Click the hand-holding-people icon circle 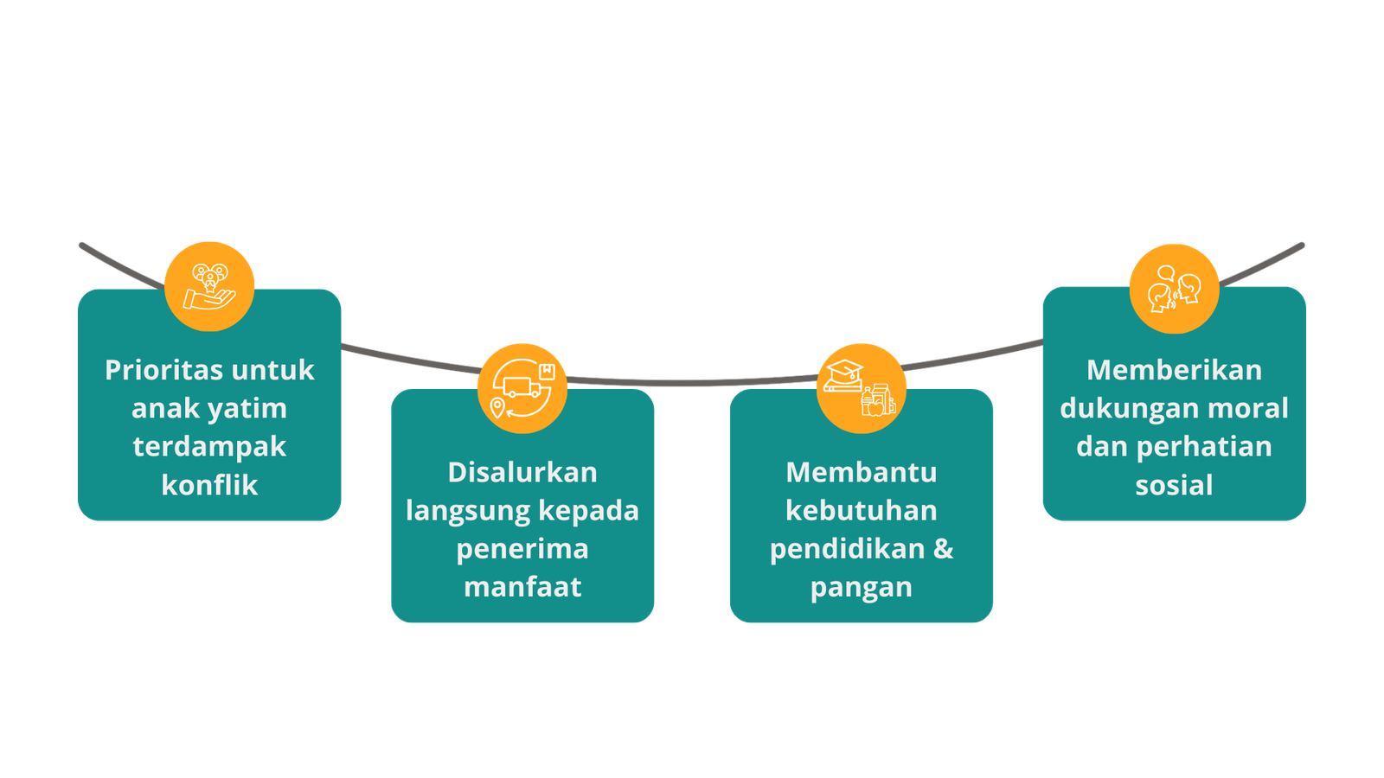(209, 286)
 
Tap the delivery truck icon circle (522, 388)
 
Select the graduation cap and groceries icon (862, 388)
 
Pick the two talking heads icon (1175, 289)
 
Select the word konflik (209, 485)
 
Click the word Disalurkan (522, 472)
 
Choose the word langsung (468, 512)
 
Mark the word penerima (522, 550)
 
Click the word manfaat (522, 587)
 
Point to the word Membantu (862, 472)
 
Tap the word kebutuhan (862, 511)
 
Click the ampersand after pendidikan (944, 548)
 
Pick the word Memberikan (1175, 371)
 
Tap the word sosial (1175, 485)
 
